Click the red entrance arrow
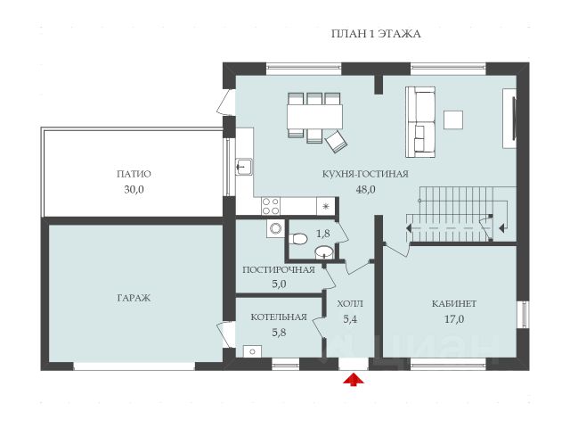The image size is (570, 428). (354, 380)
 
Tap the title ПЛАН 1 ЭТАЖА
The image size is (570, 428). (376, 34)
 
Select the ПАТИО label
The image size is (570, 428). (134, 174)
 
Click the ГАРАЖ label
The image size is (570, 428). (134, 298)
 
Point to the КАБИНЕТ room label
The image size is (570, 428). (454, 303)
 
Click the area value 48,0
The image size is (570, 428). (365, 189)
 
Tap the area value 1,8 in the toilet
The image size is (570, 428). (323, 234)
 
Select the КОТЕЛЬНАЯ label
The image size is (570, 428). (279, 317)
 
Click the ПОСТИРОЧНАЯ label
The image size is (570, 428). (279, 269)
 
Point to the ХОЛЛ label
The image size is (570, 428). (350, 303)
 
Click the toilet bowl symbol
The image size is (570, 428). (298, 239)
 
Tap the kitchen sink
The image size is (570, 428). (244, 167)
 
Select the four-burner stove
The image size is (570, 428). (271, 206)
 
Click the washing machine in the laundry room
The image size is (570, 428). (275, 228)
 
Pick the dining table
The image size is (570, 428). (314, 117)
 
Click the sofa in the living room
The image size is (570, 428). (420, 122)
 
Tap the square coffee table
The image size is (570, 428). (453, 120)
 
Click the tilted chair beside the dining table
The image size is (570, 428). (336, 142)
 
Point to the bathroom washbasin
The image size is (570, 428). (324, 251)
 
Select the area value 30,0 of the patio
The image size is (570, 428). (134, 189)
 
